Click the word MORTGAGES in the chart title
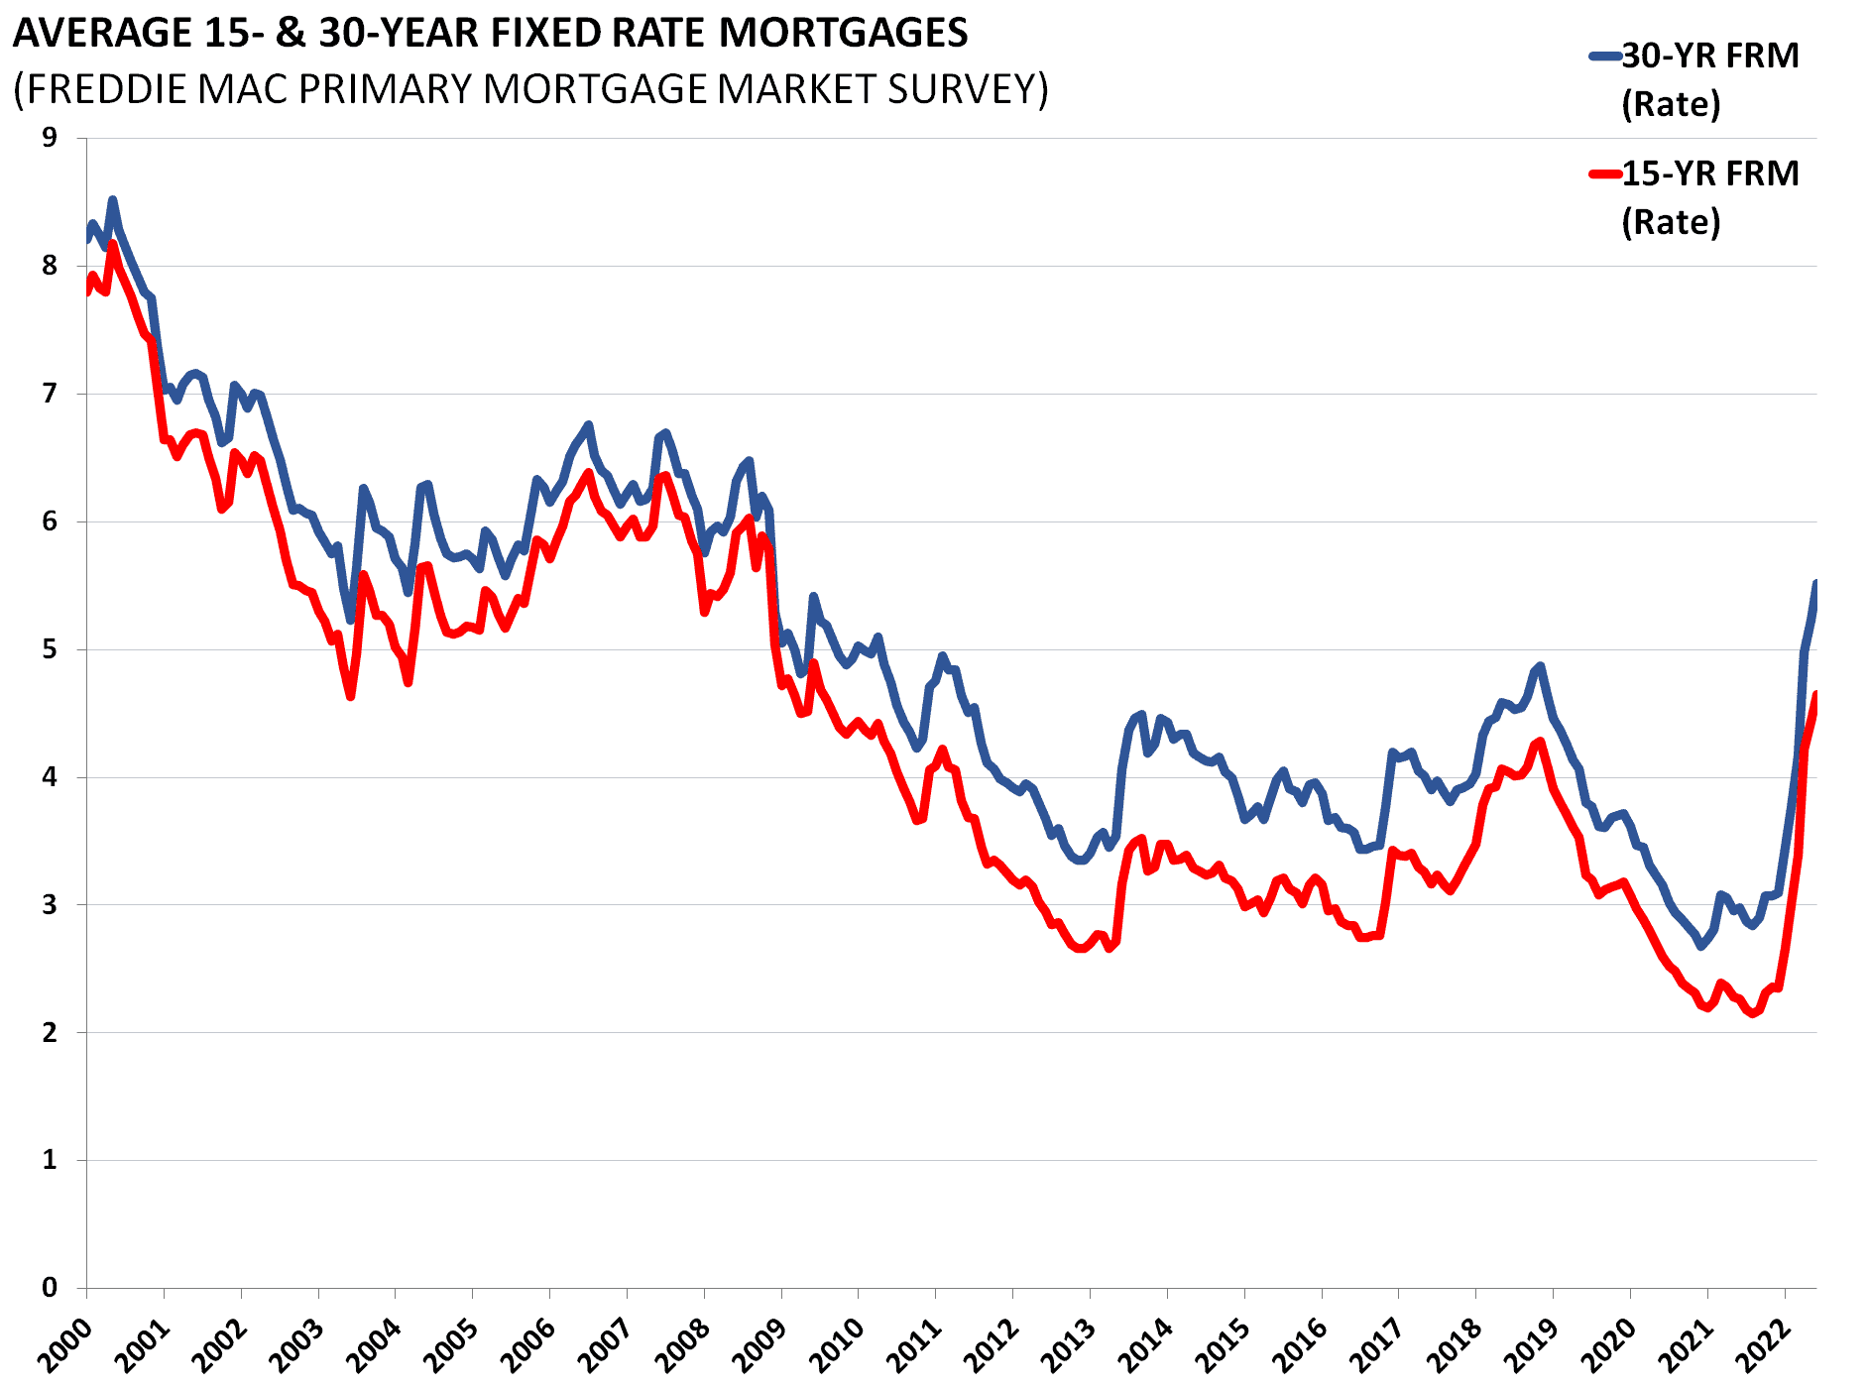tap(843, 34)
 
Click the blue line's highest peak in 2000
tap(112, 199)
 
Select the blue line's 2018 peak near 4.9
tap(1540, 665)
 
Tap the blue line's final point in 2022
tap(1815, 583)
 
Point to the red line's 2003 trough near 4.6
tap(351, 697)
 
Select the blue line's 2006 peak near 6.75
tap(589, 424)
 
